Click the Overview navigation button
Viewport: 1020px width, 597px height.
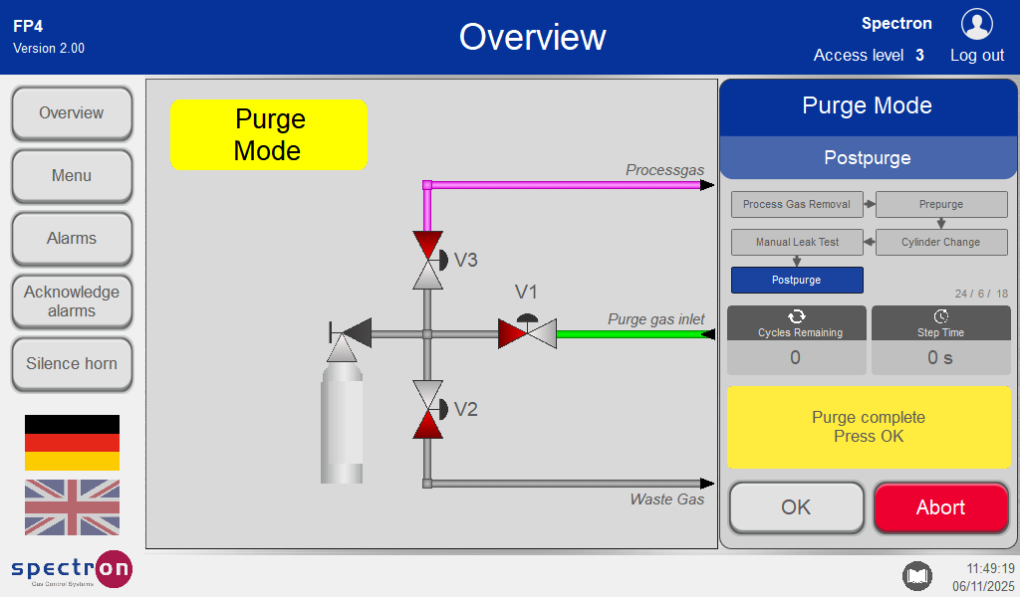click(72, 113)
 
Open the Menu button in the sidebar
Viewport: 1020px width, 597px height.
click(72, 176)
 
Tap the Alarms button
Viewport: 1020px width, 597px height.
click(72, 239)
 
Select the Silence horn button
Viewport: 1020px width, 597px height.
click(72, 364)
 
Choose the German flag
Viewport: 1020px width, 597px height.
click(72, 443)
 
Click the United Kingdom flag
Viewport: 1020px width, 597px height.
click(72, 507)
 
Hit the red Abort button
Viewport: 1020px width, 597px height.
click(940, 507)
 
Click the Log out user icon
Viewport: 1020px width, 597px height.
click(976, 25)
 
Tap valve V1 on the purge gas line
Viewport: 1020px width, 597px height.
click(527, 332)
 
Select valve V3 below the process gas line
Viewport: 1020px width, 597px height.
click(427, 260)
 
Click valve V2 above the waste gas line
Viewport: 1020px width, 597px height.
click(427, 409)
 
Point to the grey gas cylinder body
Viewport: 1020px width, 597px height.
click(342, 428)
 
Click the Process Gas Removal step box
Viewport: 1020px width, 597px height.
click(797, 204)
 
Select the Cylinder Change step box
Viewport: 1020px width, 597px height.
click(940, 242)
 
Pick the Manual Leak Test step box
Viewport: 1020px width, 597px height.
click(797, 242)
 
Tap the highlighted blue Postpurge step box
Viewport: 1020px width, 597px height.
click(797, 280)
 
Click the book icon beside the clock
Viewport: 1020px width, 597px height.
click(916, 575)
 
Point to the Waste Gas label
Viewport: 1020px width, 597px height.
click(666, 499)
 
